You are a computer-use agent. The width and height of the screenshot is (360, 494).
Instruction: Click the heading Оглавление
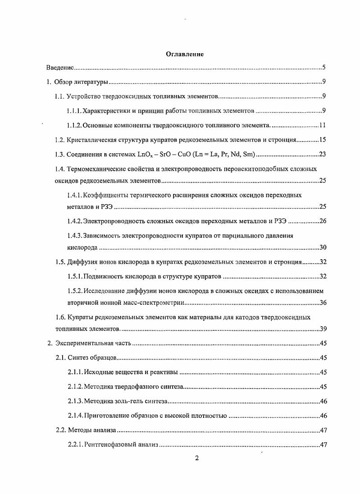coord(185,54)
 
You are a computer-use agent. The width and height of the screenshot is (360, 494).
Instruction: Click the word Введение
coord(60,68)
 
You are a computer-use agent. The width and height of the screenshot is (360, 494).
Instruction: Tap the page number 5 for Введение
coord(324,68)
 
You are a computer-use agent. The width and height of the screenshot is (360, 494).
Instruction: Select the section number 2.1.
coord(61,358)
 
